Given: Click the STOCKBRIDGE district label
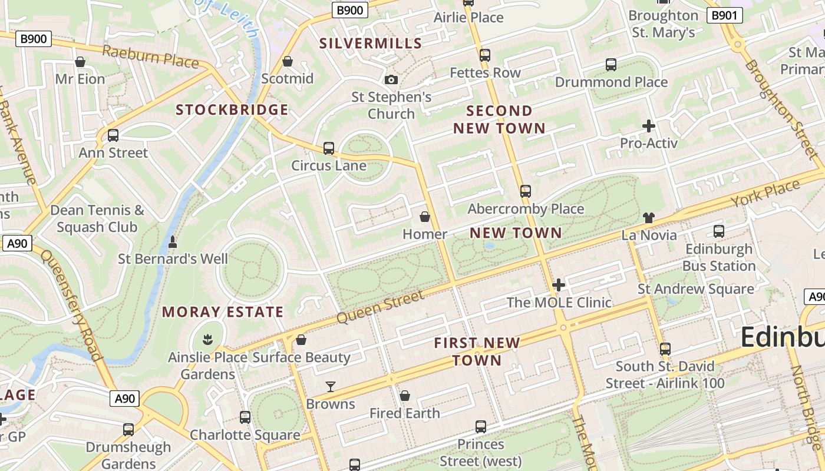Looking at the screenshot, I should [x=232, y=110].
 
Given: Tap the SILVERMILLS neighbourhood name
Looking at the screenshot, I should [x=371, y=43].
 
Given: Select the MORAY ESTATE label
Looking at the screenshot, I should [x=223, y=312].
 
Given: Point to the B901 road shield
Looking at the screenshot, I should [x=724, y=15].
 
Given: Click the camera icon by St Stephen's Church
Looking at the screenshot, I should [x=391, y=80].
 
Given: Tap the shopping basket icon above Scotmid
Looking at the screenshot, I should [x=288, y=61].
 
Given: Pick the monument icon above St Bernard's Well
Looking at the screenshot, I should [x=173, y=241].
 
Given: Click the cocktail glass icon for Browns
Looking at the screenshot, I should [x=331, y=387].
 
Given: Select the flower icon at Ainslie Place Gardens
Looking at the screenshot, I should [x=207, y=339].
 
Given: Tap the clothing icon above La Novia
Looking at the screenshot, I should [x=649, y=218].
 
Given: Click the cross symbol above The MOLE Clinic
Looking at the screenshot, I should [x=558, y=286].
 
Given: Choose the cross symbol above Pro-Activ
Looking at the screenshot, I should [x=648, y=126].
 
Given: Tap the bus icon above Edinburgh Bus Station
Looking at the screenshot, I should [x=718, y=231].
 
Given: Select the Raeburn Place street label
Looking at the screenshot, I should [x=150, y=56].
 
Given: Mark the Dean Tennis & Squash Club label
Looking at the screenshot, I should [x=97, y=218].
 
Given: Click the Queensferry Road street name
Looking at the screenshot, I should [x=71, y=306].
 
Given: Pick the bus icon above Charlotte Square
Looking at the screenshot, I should [x=245, y=417].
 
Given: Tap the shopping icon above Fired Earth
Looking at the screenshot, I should [x=405, y=396].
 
